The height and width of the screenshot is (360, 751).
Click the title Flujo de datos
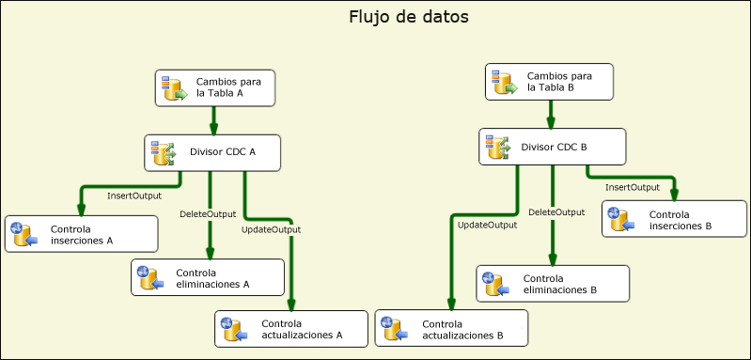click(x=408, y=17)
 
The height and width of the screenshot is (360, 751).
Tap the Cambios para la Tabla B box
click(x=550, y=82)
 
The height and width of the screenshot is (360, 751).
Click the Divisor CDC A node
click(x=212, y=152)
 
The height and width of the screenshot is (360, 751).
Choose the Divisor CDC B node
click(x=554, y=148)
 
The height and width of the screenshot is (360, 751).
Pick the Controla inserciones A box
click(x=81, y=234)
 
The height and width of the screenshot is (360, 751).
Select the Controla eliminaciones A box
click(x=208, y=276)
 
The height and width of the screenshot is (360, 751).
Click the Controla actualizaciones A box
click(x=290, y=328)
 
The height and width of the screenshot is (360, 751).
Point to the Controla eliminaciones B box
click(x=552, y=283)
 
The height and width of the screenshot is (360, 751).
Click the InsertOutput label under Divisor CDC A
click(x=133, y=196)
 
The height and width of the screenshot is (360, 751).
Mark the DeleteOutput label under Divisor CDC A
click(x=208, y=214)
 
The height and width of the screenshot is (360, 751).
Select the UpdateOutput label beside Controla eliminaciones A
click(x=271, y=229)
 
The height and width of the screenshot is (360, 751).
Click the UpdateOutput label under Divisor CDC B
click(x=487, y=225)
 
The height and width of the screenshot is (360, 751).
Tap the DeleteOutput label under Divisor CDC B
click(x=556, y=212)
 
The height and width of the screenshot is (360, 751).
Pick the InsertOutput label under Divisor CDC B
click(x=632, y=187)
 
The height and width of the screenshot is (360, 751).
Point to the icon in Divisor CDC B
click(x=497, y=148)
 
